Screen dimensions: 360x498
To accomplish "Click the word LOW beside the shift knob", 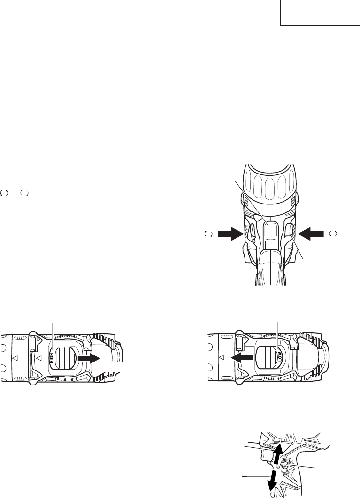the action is (x=280, y=357).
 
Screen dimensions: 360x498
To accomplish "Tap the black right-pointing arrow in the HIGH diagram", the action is (x=89, y=358).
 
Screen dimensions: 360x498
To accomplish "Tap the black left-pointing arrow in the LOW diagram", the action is (x=242, y=358).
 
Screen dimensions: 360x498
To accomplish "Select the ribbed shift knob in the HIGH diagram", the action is (x=66, y=358).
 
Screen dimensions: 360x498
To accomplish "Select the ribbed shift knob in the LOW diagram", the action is (x=266, y=358).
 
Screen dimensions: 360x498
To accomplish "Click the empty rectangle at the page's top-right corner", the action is (x=320, y=13).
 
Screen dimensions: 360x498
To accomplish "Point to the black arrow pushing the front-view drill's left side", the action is (x=230, y=234).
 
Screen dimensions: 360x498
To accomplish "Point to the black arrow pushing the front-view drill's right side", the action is (x=312, y=234).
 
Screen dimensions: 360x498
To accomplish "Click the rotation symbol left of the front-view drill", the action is (x=208, y=234).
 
